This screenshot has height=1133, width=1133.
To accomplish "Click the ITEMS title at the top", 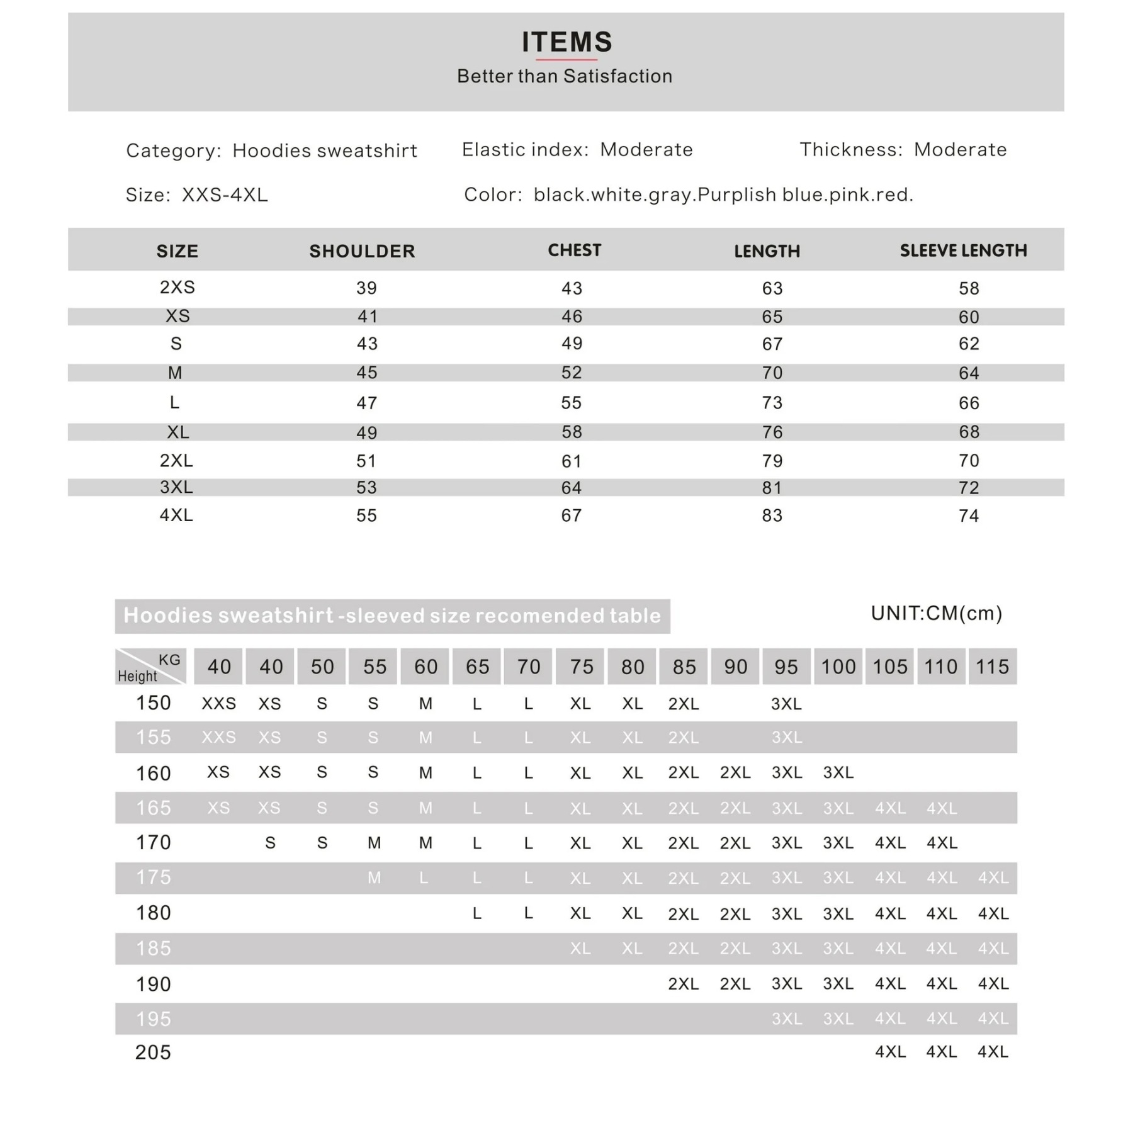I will tap(566, 42).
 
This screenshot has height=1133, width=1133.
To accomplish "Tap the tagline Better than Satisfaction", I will tap(565, 76).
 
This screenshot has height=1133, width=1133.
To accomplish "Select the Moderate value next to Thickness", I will tap(960, 150).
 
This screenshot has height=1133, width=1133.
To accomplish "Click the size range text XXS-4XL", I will tap(225, 195).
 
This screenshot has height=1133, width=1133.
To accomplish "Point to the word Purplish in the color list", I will tap(737, 195).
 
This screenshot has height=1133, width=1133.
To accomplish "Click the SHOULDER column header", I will tap(362, 251).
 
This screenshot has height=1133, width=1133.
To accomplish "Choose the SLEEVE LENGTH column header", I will tap(963, 251).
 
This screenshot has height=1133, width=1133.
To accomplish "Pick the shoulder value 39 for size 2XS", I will tap(366, 288).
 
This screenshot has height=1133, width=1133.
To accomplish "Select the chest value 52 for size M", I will tap(572, 373).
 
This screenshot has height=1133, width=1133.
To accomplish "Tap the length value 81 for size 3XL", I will tap(772, 488).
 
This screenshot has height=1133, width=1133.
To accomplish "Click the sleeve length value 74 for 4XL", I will tap(969, 516).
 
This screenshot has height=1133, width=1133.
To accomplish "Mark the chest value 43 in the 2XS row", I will tap(572, 288).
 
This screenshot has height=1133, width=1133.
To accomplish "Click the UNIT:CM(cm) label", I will tap(937, 613).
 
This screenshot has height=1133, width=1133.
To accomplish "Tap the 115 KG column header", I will tap(992, 667).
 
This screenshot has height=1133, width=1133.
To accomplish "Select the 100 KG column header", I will tap(838, 667).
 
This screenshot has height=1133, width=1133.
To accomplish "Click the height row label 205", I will tap(153, 1052).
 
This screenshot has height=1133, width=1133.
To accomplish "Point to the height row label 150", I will tap(153, 703).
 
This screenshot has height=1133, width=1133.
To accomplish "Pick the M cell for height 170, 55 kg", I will tap(374, 843).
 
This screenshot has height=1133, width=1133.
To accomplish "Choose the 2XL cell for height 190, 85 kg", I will tap(684, 984).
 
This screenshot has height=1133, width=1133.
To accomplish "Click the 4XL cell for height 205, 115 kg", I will tap(993, 1052).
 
